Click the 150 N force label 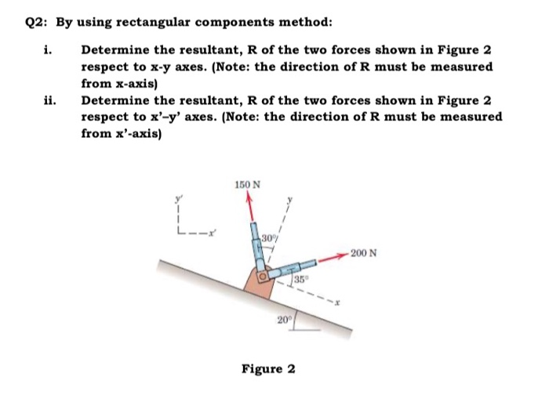click(248, 186)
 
